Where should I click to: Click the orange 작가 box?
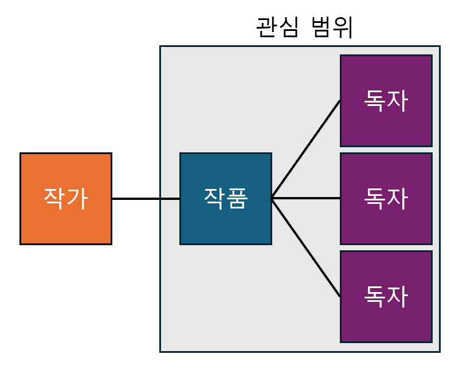(65, 198)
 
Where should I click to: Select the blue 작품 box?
(225, 198)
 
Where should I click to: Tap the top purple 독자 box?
(386, 101)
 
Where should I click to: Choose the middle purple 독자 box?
(386, 198)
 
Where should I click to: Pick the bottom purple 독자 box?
(386, 296)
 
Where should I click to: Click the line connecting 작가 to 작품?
(146, 199)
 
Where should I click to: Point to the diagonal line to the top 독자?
(305, 150)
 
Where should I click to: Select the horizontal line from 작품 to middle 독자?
(305, 199)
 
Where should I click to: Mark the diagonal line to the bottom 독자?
(305, 247)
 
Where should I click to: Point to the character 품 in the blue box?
(237, 198)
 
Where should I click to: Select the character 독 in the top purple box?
(374, 101)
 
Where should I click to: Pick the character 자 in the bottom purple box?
(398, 296)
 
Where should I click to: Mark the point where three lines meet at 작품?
(272, 199)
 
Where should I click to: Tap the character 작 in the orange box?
(54, 198)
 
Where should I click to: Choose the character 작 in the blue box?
(214, 198)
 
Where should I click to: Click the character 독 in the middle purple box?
(374, 198)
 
